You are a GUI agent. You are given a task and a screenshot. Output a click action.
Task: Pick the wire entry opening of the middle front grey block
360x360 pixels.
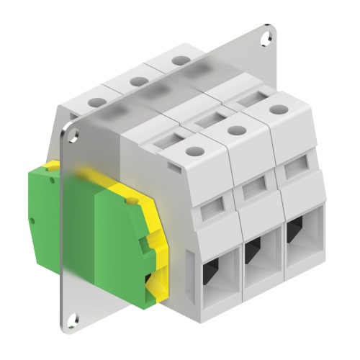pos(253,252)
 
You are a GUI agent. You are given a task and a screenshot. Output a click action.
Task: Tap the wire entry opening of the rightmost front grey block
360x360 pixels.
pos(294,232)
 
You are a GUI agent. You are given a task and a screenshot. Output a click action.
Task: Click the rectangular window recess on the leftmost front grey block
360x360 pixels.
pos(212,210)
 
